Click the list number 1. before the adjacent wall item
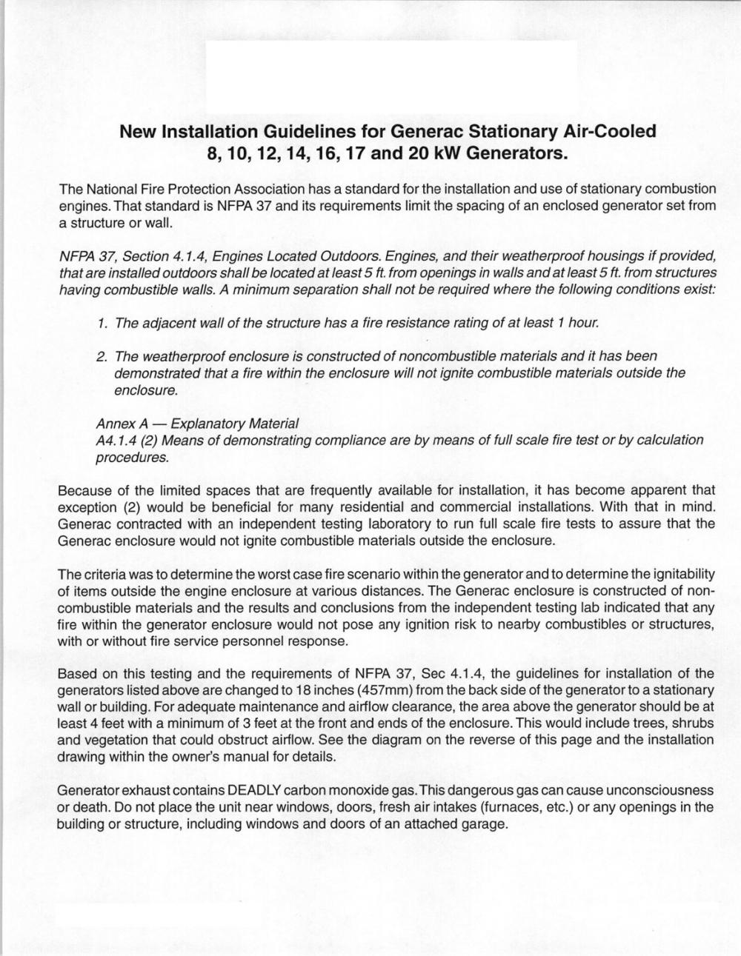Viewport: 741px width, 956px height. (104, 324)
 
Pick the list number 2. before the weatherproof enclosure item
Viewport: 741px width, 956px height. (104, 357)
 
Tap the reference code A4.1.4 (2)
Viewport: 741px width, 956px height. (127, 441)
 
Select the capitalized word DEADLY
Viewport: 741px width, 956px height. (262, 790)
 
